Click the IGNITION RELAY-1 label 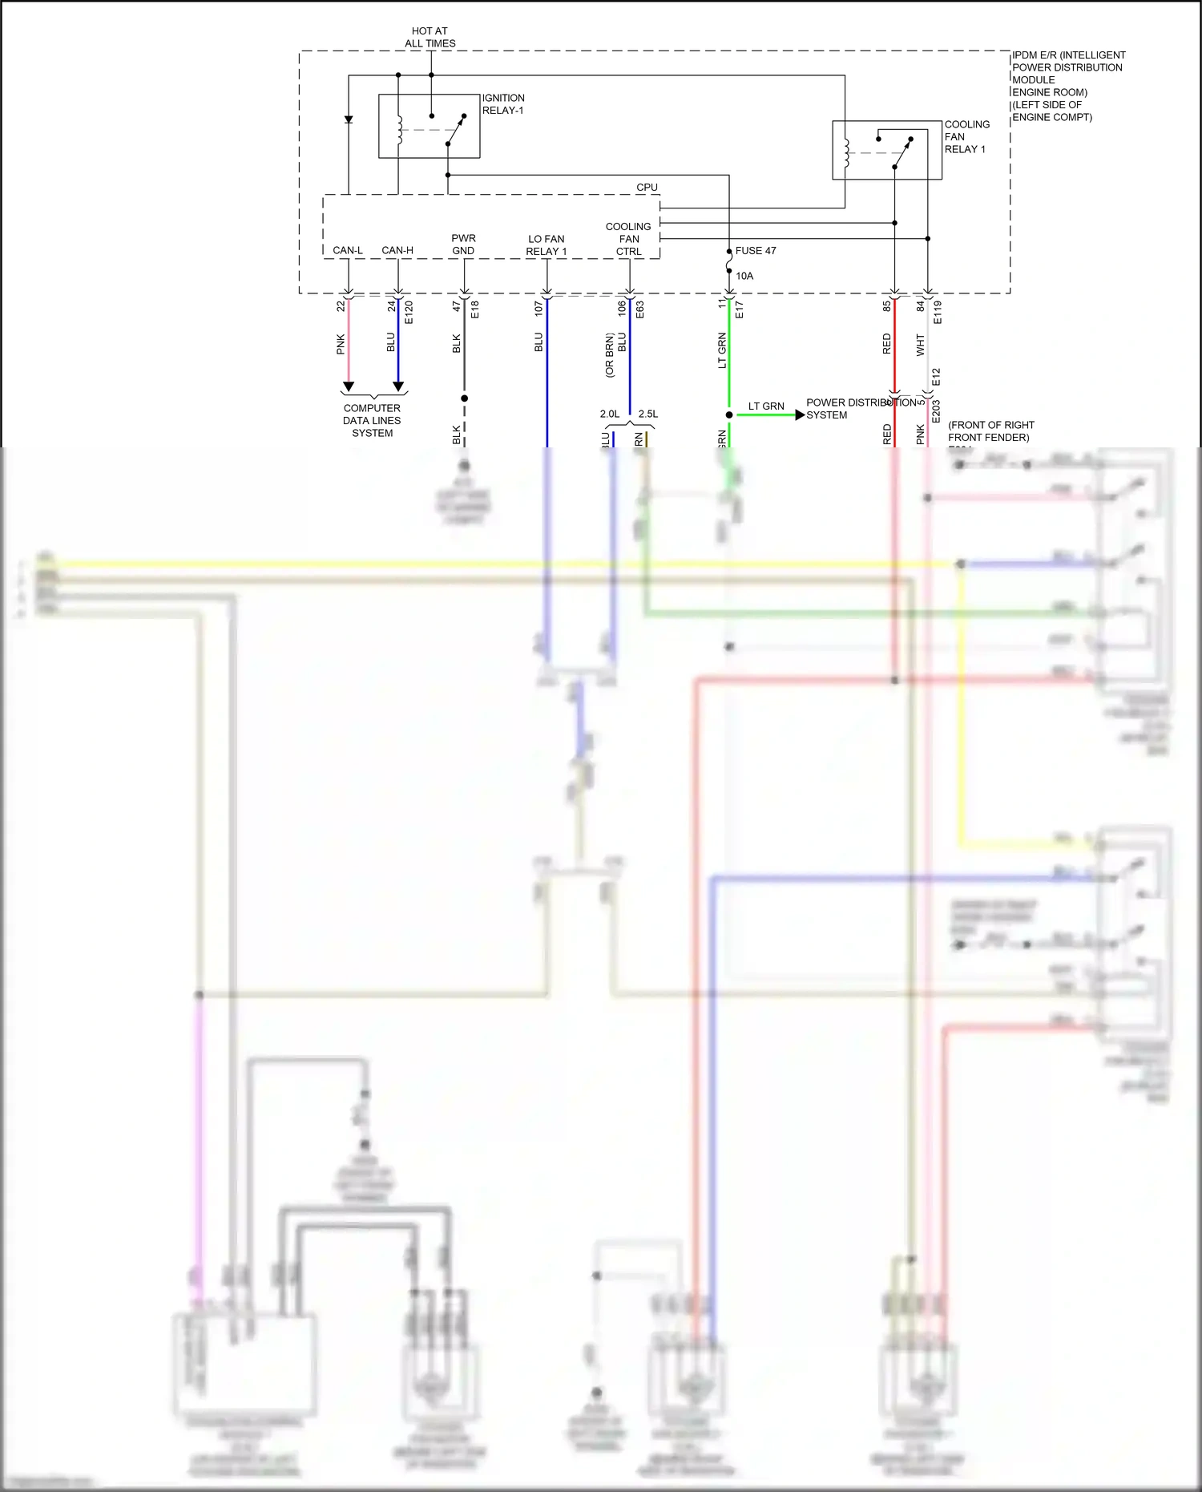click(503, 104)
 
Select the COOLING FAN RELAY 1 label click(966, 136)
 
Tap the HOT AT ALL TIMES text click(430, 37)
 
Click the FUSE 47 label click(756, 251)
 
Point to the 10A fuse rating click(744, 276)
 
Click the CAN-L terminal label click(348, 250)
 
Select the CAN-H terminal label click(397, 250)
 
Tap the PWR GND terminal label click(463, 245)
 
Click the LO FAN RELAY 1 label click(547, 245)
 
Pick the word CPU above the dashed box click(647, 188)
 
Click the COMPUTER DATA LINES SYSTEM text click(373, 420)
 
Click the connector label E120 click(409, 313)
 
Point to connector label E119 click(938, 313)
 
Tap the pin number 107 click(538, 307)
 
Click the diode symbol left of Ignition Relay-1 click(349, 119)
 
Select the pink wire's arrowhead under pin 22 click(349, 386)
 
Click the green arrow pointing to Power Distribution click(799, 414)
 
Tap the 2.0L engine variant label click(610, 414)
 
